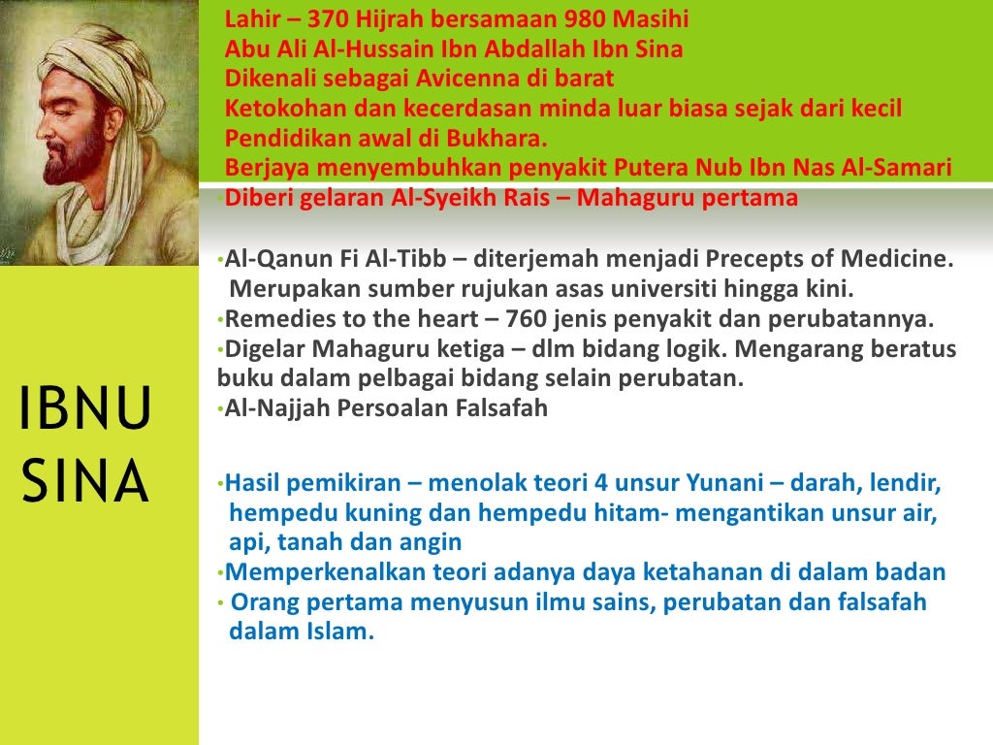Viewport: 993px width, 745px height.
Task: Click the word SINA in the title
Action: [x=85, y=482]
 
